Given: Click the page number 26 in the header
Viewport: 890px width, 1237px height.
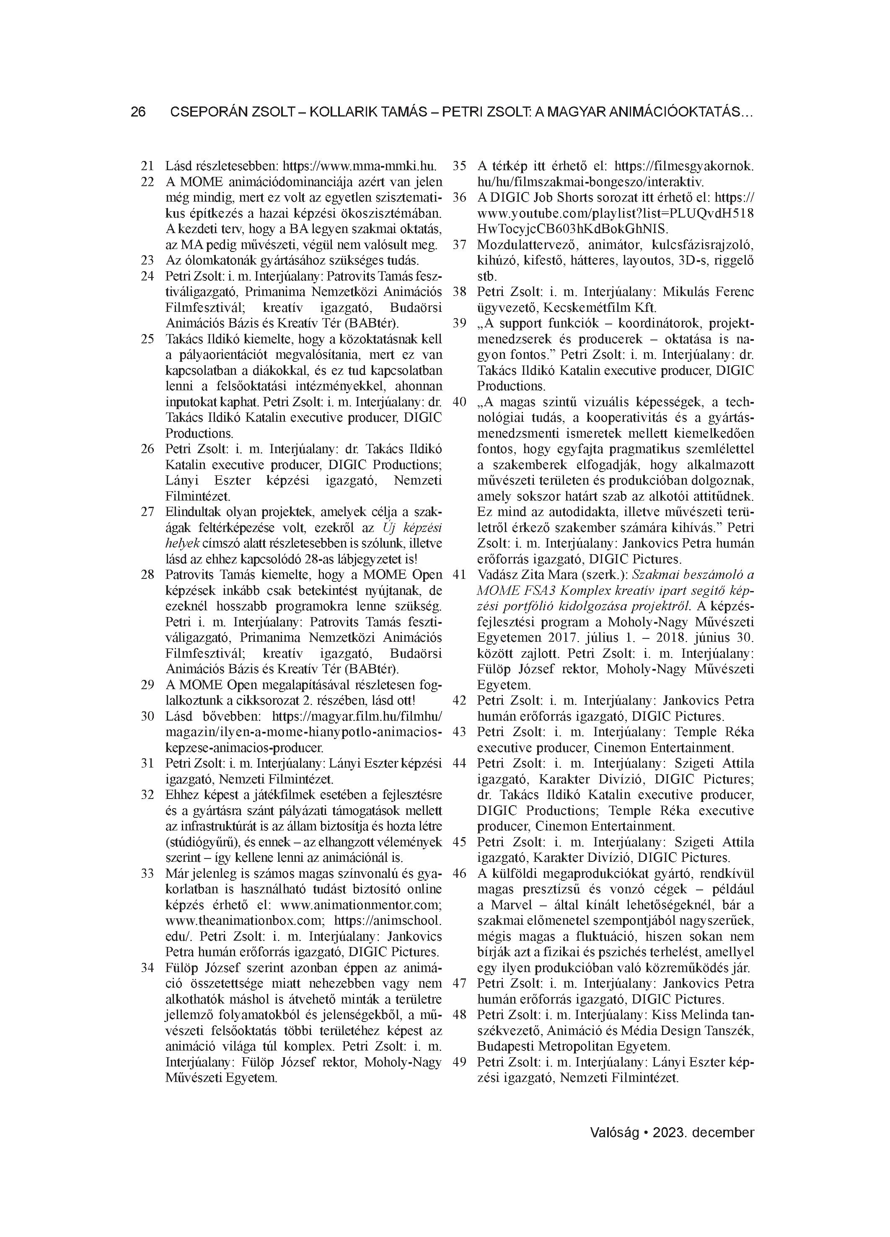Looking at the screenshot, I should point(138,112).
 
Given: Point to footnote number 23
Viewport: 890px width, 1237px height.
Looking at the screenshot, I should point(147,260).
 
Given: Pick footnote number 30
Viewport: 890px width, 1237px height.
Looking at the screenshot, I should point(147,716).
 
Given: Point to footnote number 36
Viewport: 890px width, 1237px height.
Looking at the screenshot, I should point(460,197).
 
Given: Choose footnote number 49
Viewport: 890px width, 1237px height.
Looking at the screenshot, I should point(460,1062).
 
